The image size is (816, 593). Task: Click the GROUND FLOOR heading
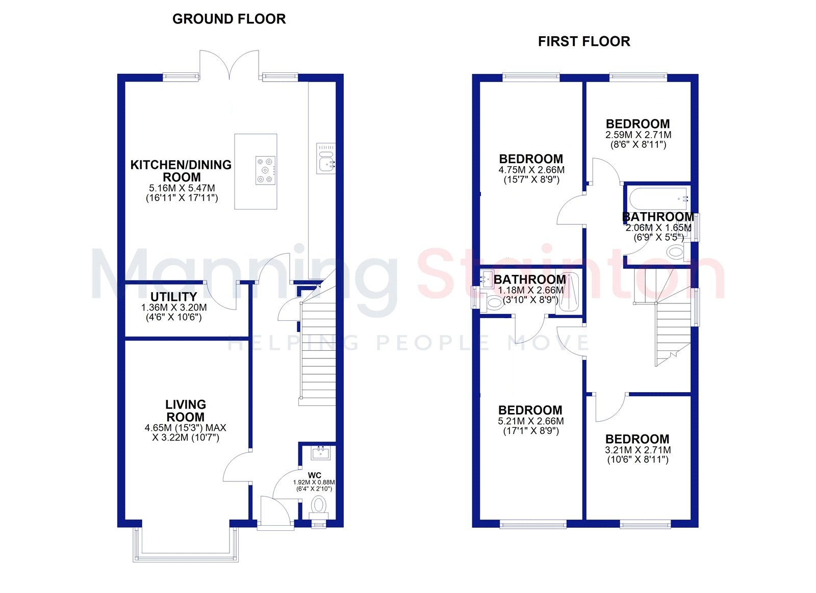point(229,19)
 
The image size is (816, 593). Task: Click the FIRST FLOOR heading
point(584,41)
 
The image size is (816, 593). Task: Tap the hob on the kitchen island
point(265,170)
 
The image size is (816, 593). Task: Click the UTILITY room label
point(174,297)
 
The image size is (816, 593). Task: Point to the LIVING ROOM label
point(186,410)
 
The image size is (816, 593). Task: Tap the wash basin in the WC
point(321,453)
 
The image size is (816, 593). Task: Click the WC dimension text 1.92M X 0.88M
point(314,482)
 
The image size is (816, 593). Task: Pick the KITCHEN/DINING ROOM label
point(181,171)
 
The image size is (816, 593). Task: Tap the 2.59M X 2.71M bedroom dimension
point(638,135)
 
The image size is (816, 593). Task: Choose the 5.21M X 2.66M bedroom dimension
point(531,421)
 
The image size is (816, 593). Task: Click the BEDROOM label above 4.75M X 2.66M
point(531,159)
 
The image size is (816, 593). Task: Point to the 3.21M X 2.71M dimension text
point(638,450)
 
